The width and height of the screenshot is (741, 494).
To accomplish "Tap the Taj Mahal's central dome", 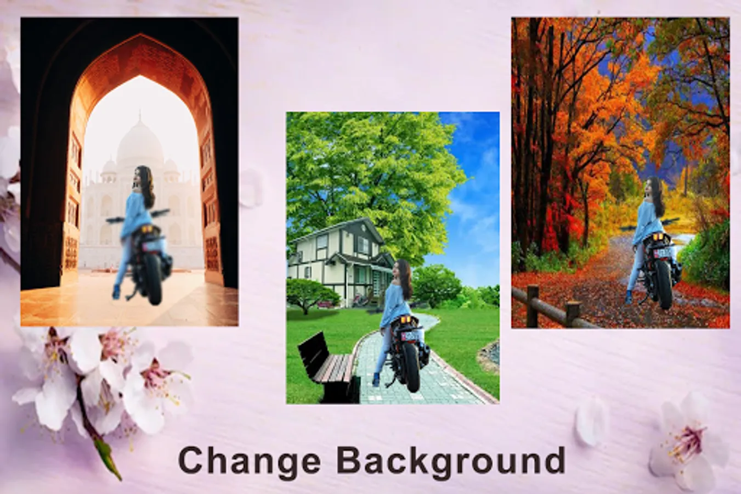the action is tap(140, 141).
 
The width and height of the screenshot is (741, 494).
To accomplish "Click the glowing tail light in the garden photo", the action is tap(407, 319).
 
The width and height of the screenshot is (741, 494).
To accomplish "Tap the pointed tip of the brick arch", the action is tap(140, 34).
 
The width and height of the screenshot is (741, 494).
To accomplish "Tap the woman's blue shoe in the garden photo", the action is tap(376, 379).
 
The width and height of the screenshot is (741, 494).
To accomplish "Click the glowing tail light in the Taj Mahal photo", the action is tap(147, 228).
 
